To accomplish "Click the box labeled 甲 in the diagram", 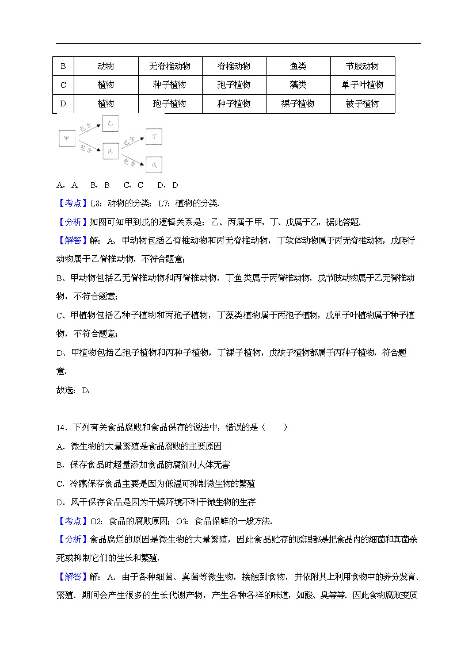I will (x=67, y=138).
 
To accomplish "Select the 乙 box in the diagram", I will (x=110, y=124).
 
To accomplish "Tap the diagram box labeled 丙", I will (x=110, y=151).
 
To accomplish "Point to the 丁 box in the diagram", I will (x=154, y=137).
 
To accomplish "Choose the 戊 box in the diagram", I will (x=154, y=164).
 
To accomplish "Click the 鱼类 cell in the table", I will (x=298, y=66).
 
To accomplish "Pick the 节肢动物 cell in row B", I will (x=363, y=66).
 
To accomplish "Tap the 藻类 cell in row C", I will (x=298, y=85).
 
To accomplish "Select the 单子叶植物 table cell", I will (x=363, y=85).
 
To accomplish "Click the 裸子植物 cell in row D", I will (x=298, y=104).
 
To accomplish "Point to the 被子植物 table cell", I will (x=363, y=104).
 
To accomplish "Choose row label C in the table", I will (x=63, y=85).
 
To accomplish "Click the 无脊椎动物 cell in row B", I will (x=170, y=66).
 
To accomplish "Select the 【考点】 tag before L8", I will (x=73, y=203).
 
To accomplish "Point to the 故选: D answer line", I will (x=73, y=390).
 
